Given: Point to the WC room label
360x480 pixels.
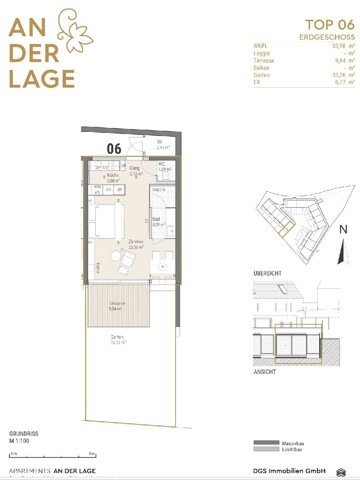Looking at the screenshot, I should (161, 165).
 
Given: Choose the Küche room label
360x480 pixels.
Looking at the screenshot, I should (113, 178).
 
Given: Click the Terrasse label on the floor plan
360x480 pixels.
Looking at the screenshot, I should (117, 304).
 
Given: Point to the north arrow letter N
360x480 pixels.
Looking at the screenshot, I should (342, 228).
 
